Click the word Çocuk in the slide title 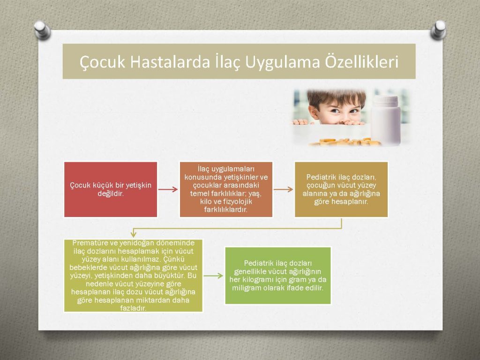coord(103,62)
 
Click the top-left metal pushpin coord(42,30)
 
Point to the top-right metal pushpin coord(438,30)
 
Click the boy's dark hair coord(336,97)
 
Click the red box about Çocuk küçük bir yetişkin coord(111,189)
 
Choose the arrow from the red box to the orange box coord(168,189)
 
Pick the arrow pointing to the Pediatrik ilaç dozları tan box coord(283,189)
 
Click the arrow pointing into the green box coord(213,276)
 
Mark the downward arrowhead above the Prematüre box coord(133,234)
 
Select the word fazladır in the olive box coord(133,308)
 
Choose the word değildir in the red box coord(111,194)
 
